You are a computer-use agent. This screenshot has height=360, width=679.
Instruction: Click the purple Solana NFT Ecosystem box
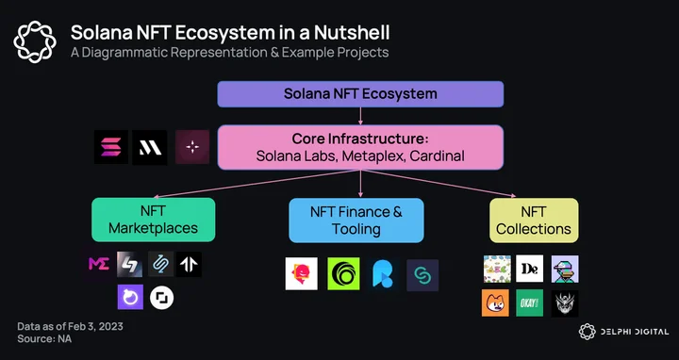point(360,94)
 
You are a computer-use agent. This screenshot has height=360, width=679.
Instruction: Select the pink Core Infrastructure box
point(360,147)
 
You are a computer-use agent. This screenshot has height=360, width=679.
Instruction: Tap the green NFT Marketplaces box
point(154,220)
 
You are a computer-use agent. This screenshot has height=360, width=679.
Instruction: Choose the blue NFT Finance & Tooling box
point(356,221)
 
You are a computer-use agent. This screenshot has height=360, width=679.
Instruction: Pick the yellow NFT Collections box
point(534,221)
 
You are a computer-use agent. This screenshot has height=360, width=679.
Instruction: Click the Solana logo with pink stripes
point(111,147)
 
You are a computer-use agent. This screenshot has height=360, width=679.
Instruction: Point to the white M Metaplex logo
point(150,148)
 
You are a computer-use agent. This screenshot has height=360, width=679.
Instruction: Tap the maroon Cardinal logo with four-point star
point(192,147)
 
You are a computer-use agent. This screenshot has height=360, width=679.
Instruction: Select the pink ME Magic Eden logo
point(99,264)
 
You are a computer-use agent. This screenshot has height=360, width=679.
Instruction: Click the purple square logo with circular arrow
point(130,297)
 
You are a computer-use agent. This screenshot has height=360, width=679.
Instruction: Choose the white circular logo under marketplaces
point(162,298)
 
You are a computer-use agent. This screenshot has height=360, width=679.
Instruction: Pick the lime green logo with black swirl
point(343,273)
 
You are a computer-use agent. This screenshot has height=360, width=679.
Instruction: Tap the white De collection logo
point(529,269)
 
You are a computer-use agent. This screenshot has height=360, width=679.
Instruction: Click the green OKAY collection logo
point(529,303)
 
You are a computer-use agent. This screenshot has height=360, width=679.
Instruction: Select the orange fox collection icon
point(495,303)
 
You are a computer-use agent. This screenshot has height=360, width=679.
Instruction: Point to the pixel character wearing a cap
point(565,269)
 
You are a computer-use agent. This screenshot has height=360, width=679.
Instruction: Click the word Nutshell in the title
point(352,33)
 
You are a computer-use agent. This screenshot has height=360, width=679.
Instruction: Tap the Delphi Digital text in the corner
point(634,332)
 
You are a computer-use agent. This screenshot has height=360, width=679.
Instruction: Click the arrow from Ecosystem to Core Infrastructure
point(360,116)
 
